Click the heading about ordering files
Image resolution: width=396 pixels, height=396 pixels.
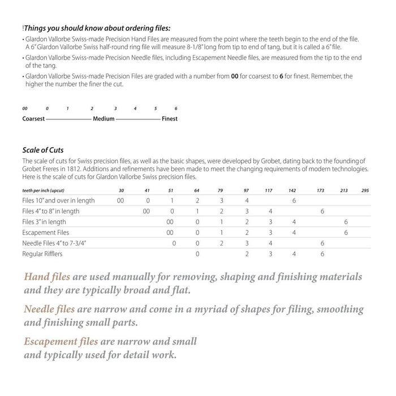(97, 28)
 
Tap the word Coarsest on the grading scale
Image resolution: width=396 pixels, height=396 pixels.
(33, 119)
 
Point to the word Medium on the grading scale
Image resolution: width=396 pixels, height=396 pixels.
(104, 119)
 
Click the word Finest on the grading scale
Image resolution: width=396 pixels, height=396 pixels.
(170, 119)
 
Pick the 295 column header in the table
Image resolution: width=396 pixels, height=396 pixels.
(365, 190)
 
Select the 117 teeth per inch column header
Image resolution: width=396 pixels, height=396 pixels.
(269, 190)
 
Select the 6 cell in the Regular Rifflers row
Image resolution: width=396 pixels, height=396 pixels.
(322, 254)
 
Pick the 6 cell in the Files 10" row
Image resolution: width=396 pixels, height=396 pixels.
(294, 200)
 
